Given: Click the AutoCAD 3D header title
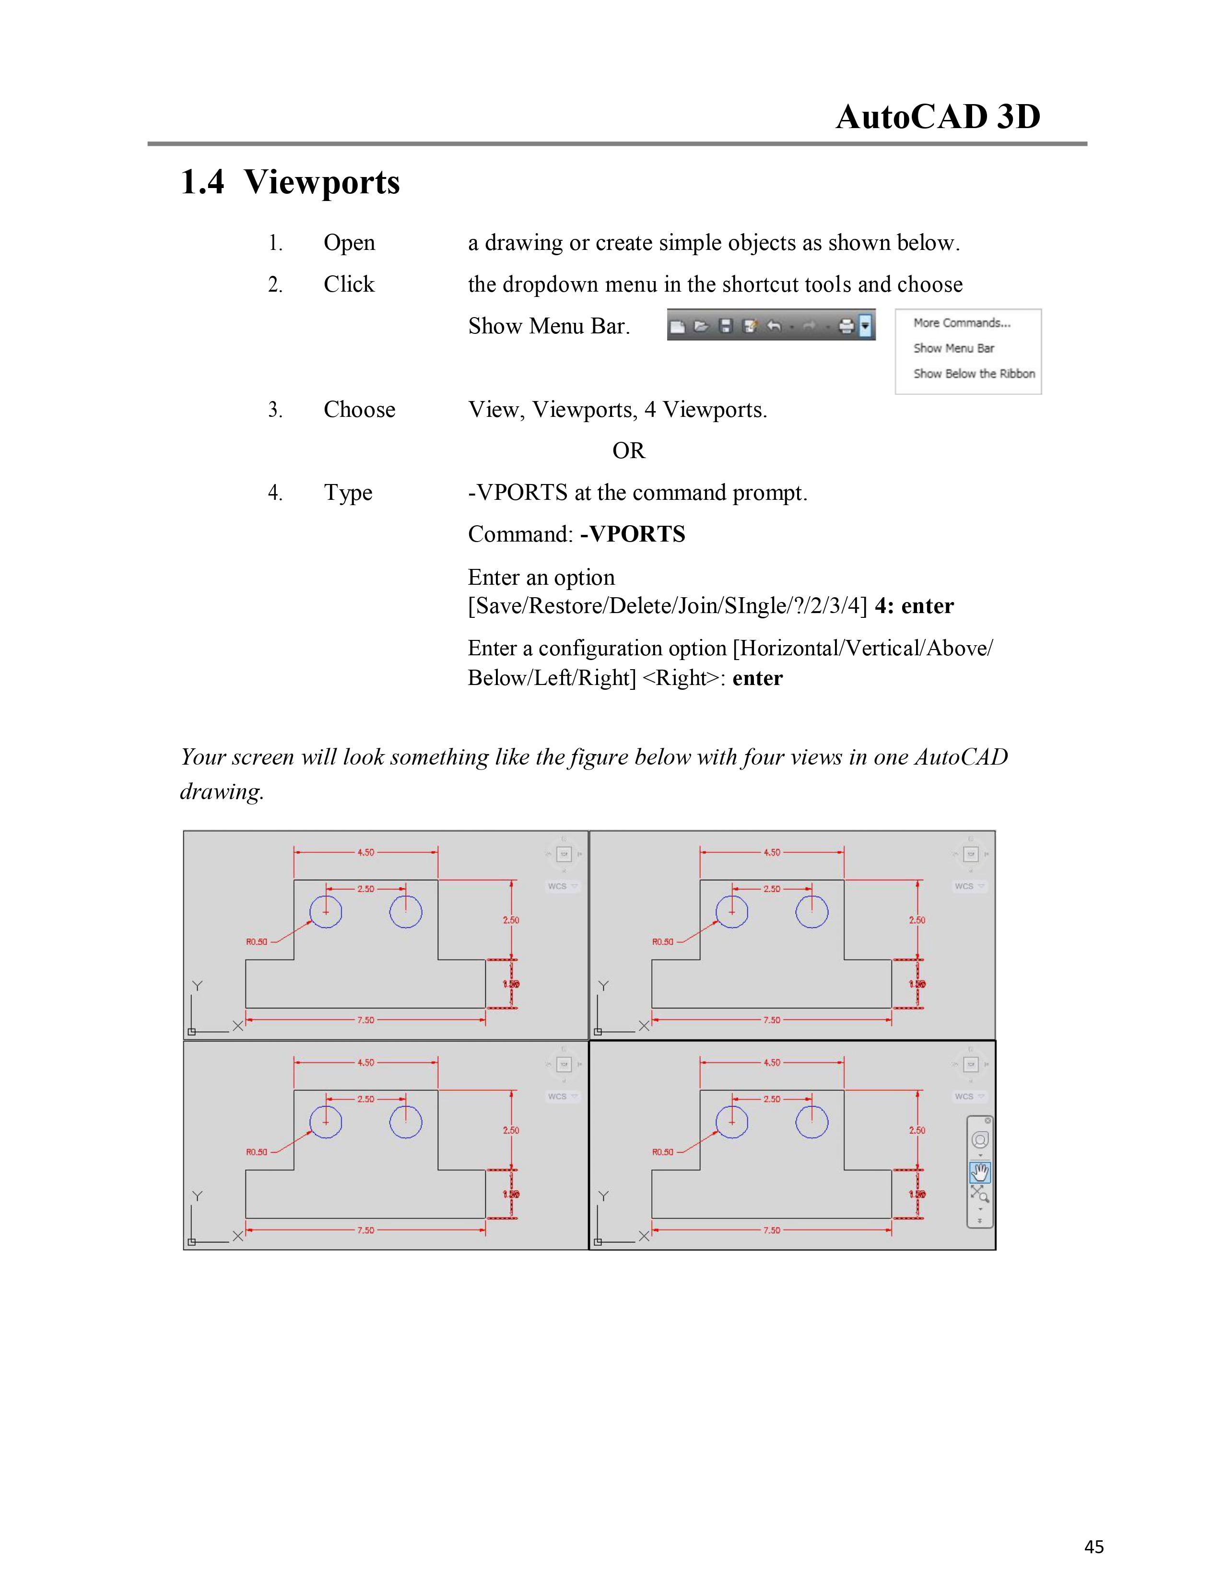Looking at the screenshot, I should pyautogui.click(x=938, y=117).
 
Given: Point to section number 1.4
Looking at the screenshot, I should pyautogui.click(x=202, y=181).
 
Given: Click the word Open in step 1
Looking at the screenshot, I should pyautogui.click(x=349, y=243).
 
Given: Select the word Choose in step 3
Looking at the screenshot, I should pyautogui.click(x=359, y=410).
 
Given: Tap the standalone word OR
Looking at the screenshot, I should pyautogui.click(x=628, y=451).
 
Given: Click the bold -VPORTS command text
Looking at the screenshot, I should pyautogui.click(x=633, y=534).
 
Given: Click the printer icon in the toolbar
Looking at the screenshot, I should pyautogui.click(x=846, y=327).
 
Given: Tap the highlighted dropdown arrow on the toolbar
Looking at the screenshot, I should pyautogui.click(x=865, y=326).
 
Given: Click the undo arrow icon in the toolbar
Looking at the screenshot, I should pyautogui.click(x=774, y=327).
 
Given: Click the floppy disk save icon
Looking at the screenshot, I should pyautogui.click(x=725, y=327).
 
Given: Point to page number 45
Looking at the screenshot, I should pyautogui.click(x=1094, y=1547).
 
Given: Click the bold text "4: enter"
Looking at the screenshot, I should pyautogui.click(x=914, y=606).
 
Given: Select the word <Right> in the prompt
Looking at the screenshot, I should pyautogui.click(x=683, y=678).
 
